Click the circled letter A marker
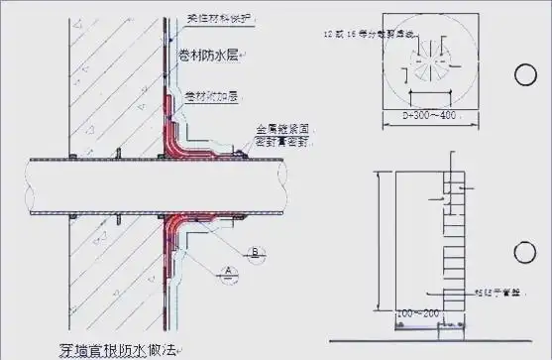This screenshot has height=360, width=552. click(228, 271)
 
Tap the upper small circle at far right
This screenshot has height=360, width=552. click(524, 74)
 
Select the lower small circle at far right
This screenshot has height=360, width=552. click(524, 248)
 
